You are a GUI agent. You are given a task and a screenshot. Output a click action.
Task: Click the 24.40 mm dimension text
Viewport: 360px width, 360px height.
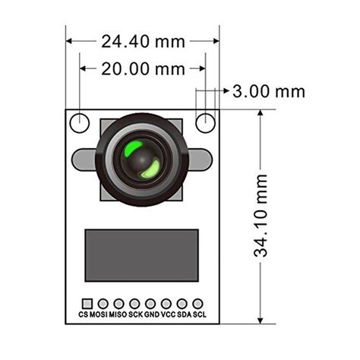pyautogui.click(x=143, y=42)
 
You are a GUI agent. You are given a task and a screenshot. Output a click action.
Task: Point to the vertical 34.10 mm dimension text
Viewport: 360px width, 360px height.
pyautogui.click(x=262, y=216)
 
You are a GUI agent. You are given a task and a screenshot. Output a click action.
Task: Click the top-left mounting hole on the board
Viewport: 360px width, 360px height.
pyautogui.click(x=80, y=122)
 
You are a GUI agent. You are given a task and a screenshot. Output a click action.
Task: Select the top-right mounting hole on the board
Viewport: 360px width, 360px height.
pyautogui.click(x=205, y=122)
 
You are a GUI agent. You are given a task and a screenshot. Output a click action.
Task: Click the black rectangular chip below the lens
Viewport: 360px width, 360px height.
pyautogui.click(x=141, y=255)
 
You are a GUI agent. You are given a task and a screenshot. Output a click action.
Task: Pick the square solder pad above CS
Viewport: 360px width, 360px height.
pyautogui.click(x=87, y=303)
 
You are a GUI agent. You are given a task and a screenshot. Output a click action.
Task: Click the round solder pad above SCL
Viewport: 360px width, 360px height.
pyautogui.click(x=198, y=303)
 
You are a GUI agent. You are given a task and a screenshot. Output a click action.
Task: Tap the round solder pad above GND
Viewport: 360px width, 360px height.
pyautogui.click(x=150, y=303)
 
